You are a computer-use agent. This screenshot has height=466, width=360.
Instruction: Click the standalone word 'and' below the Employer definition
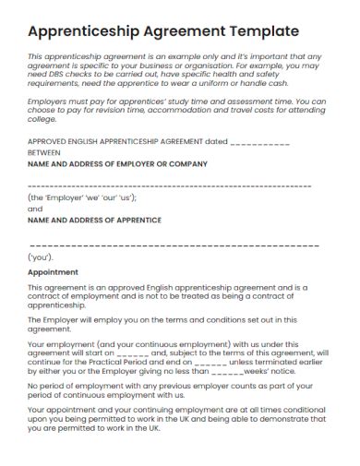(36, 209)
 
